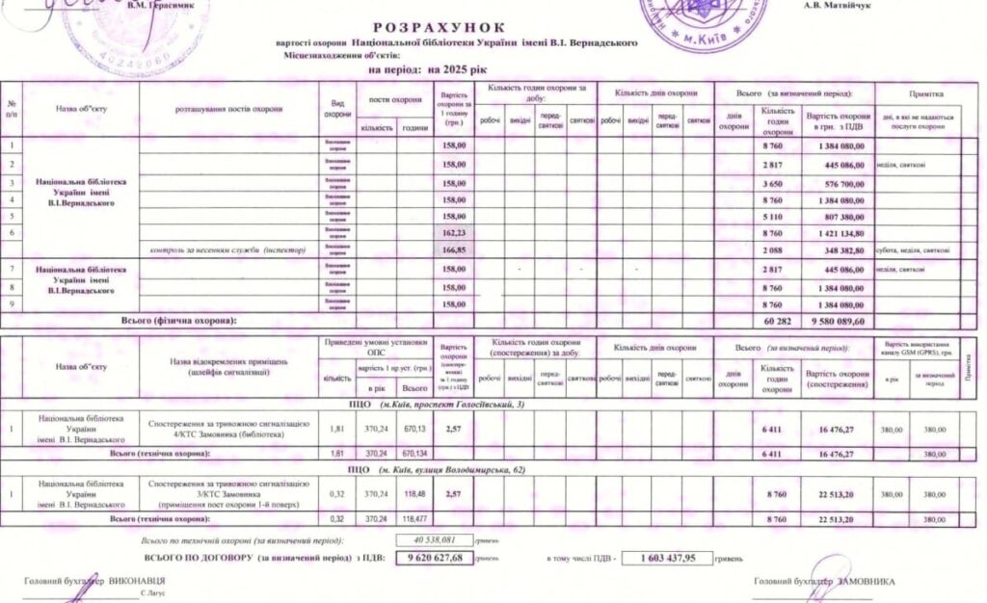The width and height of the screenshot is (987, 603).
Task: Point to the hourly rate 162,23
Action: coord(453,233)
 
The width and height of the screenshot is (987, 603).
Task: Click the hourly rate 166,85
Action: coord(453,250)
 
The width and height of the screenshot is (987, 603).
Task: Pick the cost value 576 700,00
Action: coord(839,183)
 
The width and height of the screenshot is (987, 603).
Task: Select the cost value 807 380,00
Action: coord(839,217)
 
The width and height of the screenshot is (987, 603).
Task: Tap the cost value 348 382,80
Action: coord(839,250)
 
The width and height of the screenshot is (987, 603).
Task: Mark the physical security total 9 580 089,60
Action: coord(836,321)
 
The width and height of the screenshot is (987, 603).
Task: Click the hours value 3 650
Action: coord(777,183)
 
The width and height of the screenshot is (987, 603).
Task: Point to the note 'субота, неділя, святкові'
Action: coord(914,250)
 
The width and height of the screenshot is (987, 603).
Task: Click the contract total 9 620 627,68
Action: coord(436,558)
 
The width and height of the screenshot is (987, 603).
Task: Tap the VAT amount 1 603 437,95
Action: coord(666,558)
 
